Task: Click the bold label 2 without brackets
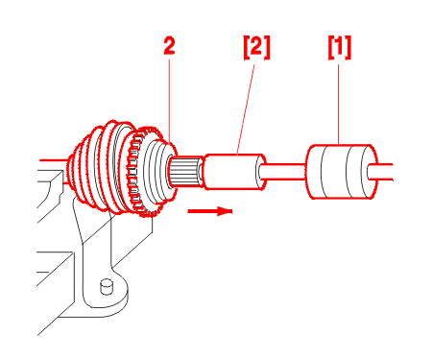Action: pos(169,46)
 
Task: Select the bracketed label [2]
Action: pos(257,47)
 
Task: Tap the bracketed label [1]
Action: pos(340,47)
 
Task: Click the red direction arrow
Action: pos(210,211)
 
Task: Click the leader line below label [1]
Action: pos(339,105)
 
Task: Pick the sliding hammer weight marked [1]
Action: pos(341,172)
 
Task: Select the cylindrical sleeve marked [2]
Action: pos(235,172)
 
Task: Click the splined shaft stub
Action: pos(185,172)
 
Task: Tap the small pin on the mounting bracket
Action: pos(107,286)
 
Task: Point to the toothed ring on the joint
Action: pos(141,171)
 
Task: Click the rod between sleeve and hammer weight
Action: pos(283,172)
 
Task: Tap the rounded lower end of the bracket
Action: pos(108,296)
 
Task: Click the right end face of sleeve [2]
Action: pos(260,172)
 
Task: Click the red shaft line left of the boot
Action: pos(54,159)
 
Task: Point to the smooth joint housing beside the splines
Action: pos(158,171)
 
